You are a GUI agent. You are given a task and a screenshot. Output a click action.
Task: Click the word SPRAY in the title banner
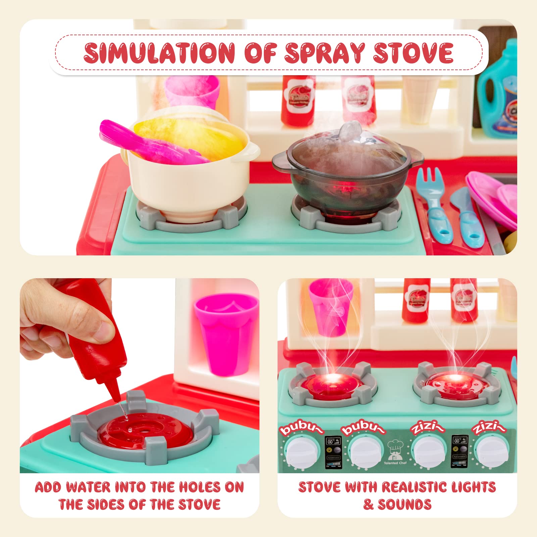pos(325,53)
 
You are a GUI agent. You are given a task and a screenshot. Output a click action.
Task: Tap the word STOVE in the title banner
pos(413,53)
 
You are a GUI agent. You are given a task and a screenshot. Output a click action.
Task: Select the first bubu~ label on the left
pos(301,428)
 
